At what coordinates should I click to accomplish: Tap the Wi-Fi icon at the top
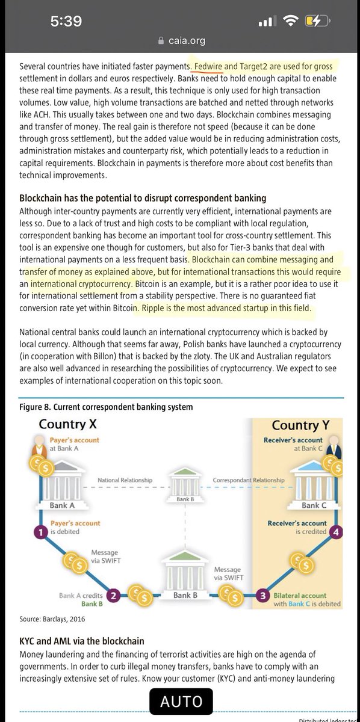coord(291,21)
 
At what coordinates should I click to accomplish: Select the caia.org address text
coord(185,41)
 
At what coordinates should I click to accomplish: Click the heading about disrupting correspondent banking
coord(143,199)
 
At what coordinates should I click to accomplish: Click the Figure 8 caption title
coord(106,407)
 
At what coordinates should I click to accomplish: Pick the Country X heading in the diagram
coord(67,425)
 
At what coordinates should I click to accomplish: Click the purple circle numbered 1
coord(39,531)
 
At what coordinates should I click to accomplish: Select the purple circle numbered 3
coord(262,596)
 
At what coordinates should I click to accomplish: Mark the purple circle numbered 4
coord(337,531)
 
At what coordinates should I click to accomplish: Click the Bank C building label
coord(315,505)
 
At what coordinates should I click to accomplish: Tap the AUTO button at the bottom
coord(181,701)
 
